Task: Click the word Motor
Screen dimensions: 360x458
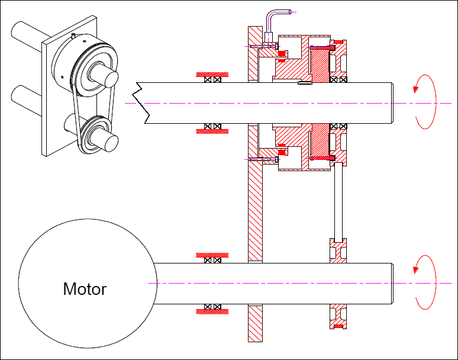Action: (x=85, y=289)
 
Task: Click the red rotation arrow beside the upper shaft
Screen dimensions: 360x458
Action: (x=425, y=102)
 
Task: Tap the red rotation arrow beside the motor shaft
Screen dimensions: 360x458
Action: (x=425, y=282)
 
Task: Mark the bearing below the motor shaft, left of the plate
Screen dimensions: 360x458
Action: (x=212, y=307)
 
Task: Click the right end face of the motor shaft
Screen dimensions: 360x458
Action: (x=393, y=284)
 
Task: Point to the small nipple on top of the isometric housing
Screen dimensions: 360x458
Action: (x=73, y=36)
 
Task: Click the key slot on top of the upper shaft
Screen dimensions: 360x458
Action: (x=305, y=82)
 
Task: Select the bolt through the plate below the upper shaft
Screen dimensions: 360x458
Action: (x=264, y=159)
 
